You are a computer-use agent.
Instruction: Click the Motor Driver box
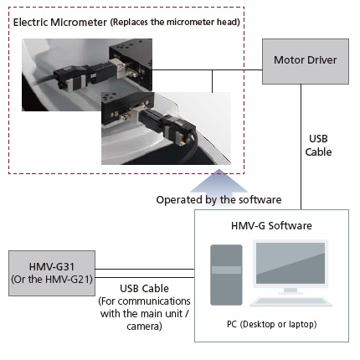tap(306, 61)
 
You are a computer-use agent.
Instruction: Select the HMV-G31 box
tap(52, 273)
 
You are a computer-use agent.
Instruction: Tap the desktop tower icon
tap(226, 275)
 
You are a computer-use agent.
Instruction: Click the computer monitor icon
tap(291, 266)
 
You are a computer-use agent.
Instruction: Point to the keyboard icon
tap(291, 302)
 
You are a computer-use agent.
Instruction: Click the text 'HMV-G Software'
tap(271, 225)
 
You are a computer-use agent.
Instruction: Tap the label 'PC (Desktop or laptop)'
tap(271, 324)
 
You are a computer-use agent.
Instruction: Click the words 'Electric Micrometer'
tap(60, 22)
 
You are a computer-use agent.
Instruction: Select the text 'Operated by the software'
tap(219, 200)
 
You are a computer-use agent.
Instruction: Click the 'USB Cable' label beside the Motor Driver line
tap(318, 145)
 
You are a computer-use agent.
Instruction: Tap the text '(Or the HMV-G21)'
tap(52, 280)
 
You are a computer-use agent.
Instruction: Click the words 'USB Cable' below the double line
tap(144, 288)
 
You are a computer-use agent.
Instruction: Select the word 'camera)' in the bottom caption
tap(144, 326)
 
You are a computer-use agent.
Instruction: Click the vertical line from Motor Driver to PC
tap(301, 147)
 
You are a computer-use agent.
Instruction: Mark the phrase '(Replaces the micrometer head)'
tap(175, 22)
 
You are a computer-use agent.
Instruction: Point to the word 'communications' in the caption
tap(154, 301)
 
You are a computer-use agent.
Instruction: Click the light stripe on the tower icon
tap(226, 270)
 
